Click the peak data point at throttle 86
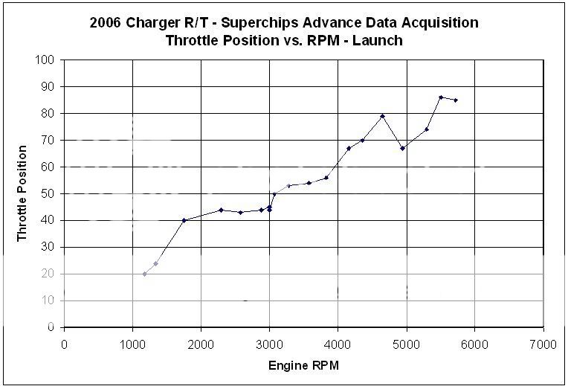point(441,97)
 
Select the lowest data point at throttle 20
point(144,274)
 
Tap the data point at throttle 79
point(382,116)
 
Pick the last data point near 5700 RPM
point(456,100)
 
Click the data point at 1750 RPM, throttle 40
point(184,220)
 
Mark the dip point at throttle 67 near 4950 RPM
point(402,148)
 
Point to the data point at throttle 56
point(326,178)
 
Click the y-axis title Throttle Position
point(22,193)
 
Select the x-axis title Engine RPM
point(303,367)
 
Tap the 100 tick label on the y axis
point(47,60)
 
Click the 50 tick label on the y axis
point(50,193)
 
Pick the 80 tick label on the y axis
point(50,113)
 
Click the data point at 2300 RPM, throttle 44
point(221,210)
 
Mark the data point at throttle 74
point(427,129)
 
